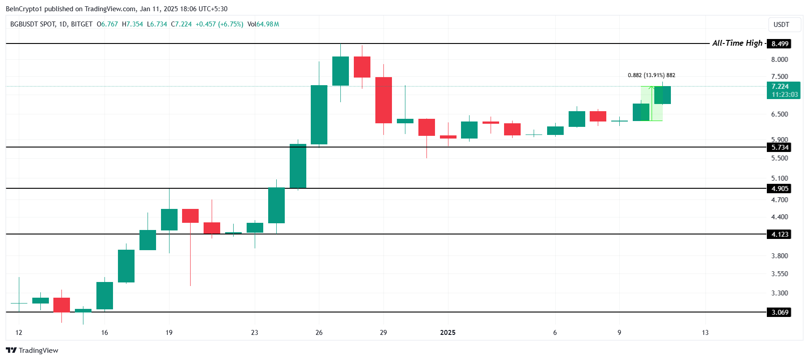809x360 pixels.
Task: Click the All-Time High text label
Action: click(737, 43)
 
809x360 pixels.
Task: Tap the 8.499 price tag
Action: click(779, 44)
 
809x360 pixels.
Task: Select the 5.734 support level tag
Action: click(779, 147)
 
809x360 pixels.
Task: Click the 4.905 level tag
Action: click(779, 189)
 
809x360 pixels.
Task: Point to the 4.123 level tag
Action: click(779, 234)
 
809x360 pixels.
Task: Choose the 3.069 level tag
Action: click(779, 312)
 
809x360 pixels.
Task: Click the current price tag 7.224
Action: click(783, 87)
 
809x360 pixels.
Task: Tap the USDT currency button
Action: click(781, 25)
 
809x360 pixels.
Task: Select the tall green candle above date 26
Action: click(319, 115)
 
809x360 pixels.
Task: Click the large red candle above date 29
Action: click(383, 100)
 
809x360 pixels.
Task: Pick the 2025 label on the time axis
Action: click(448, 333)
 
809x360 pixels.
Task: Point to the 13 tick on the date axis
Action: click(705, 333)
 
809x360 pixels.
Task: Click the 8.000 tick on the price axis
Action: click(779, 60)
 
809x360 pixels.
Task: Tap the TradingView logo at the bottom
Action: click(32, 351)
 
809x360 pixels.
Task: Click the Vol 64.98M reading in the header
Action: click(263, 24)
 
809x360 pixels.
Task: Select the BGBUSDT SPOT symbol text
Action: click(33, 24)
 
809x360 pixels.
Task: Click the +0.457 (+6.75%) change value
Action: click(219, 24)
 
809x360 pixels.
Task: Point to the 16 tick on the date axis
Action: click(104, 333)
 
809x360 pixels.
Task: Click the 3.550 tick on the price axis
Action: click(779, 274)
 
